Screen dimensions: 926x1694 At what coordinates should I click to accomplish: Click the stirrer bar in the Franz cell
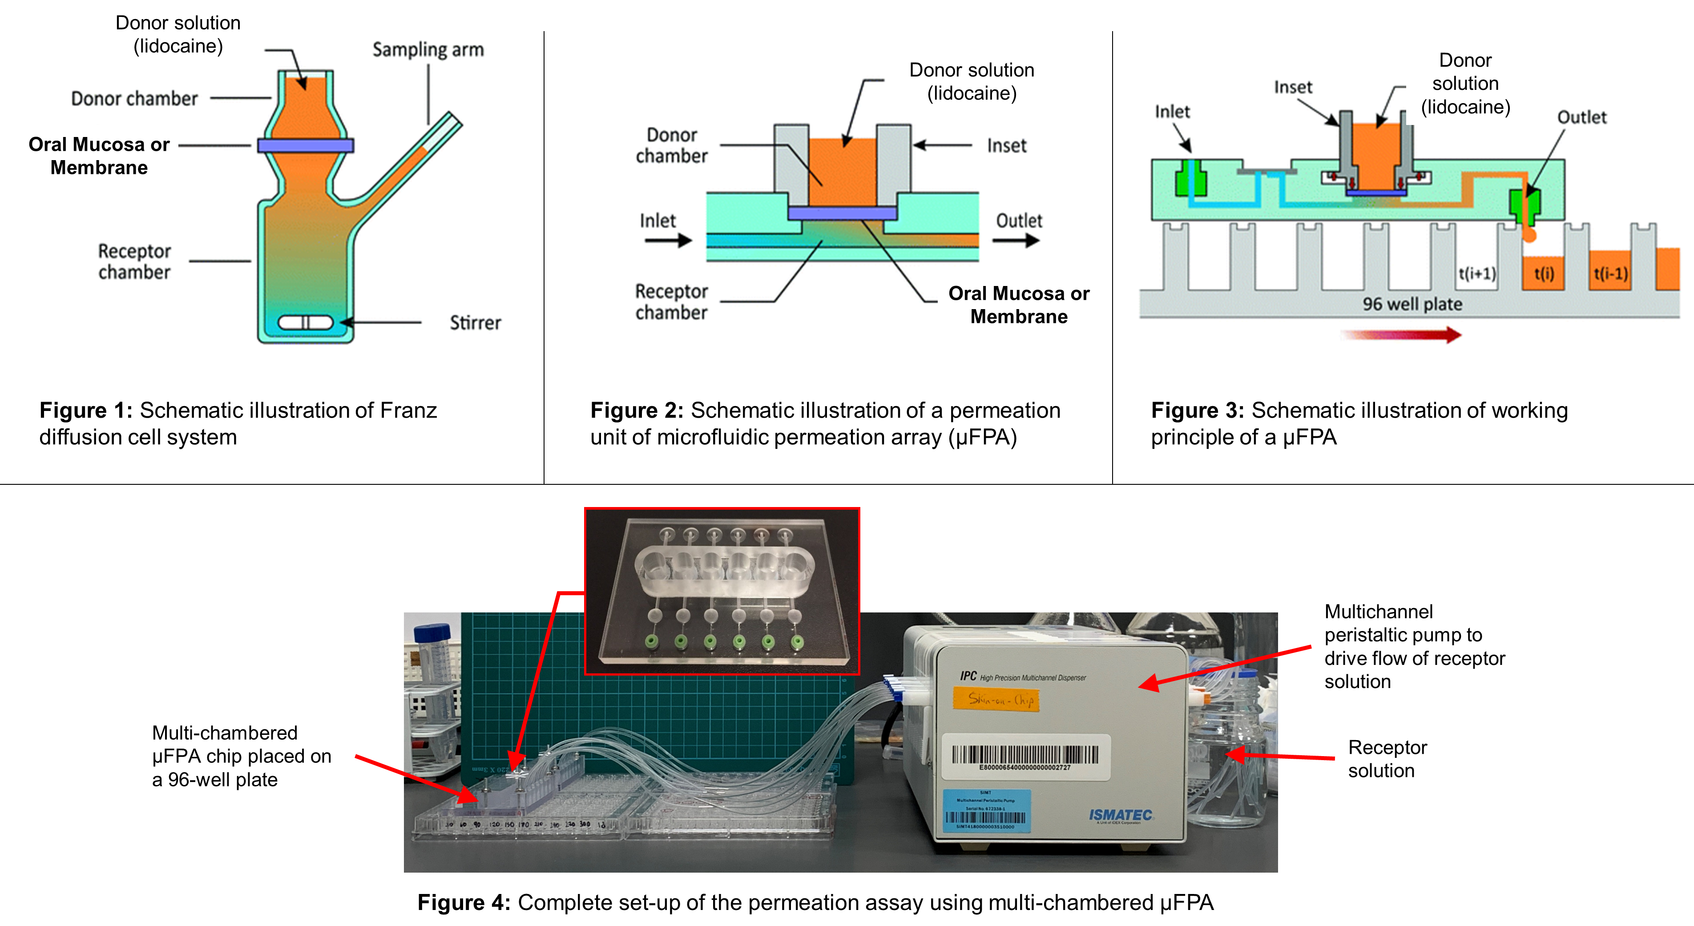pos(305,322)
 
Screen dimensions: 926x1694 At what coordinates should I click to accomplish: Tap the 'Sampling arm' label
pos(428,49)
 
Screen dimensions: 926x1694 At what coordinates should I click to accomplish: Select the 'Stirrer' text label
pos(475,323)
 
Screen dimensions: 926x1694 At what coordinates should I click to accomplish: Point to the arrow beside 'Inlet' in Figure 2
pos(667,241)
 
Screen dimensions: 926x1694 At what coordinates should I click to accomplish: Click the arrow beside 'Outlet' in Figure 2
pos(1015,241)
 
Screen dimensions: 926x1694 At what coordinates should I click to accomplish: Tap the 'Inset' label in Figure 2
pos(1006,145)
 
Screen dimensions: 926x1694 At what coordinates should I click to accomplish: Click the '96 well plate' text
pos(1412,304)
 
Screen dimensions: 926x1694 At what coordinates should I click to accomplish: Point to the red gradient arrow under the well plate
pos(1401,335)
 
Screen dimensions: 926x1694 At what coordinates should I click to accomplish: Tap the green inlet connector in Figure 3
pos(1190,179)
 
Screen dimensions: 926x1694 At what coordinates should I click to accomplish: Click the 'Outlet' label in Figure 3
pos(1581,117)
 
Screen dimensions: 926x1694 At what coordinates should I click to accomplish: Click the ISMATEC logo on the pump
pos(1120,816)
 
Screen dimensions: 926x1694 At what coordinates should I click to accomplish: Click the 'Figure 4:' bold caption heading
pos(464,902)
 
